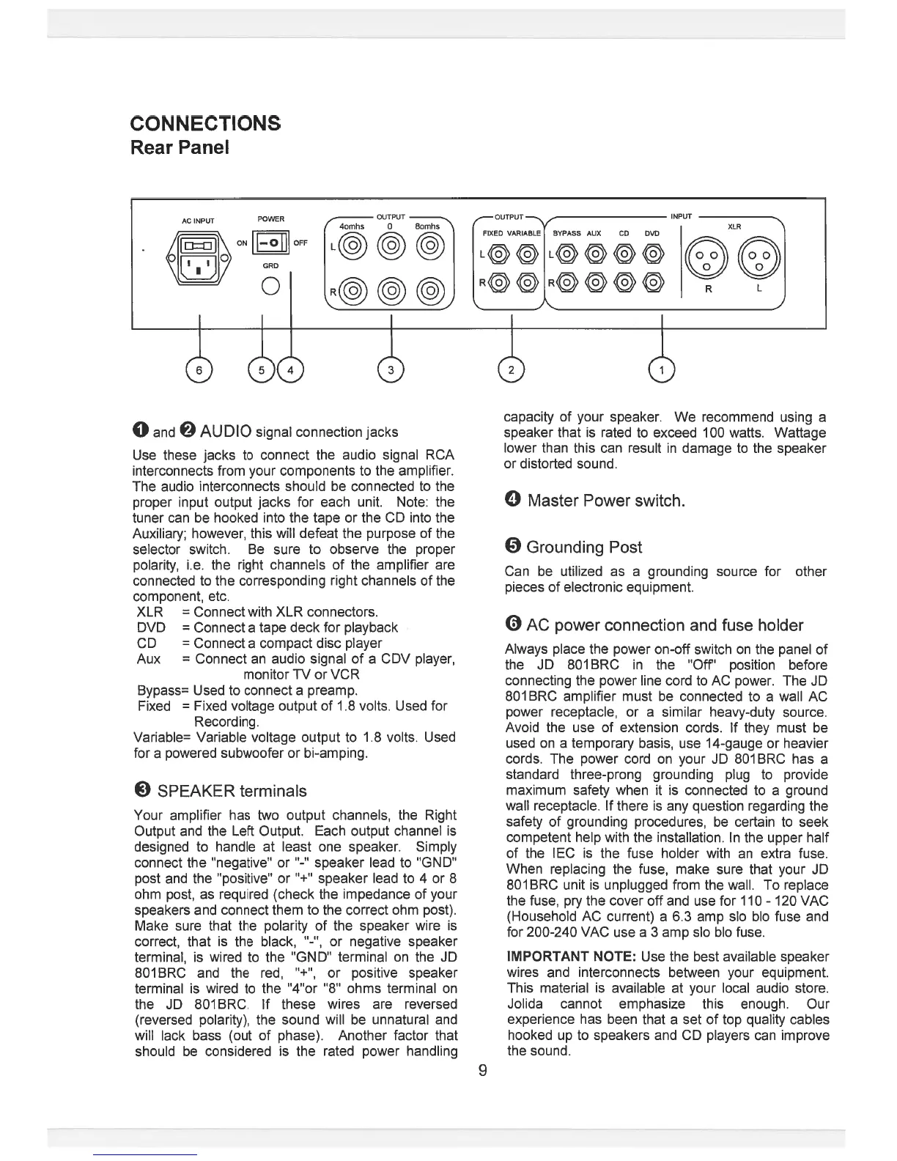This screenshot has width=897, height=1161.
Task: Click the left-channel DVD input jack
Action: point(653,254)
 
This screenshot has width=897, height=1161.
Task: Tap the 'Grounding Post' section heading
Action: point(583,548)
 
